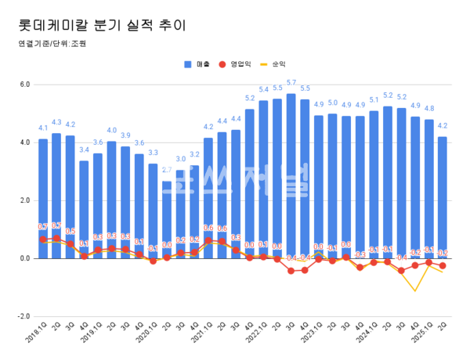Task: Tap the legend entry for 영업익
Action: [240, 64]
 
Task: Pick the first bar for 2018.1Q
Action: [43, 199]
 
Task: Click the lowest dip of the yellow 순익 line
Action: [414, 291]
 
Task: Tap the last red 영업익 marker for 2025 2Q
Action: [443, 265]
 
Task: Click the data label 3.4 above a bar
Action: [84, 149]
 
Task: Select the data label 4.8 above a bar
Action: [428, 109]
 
